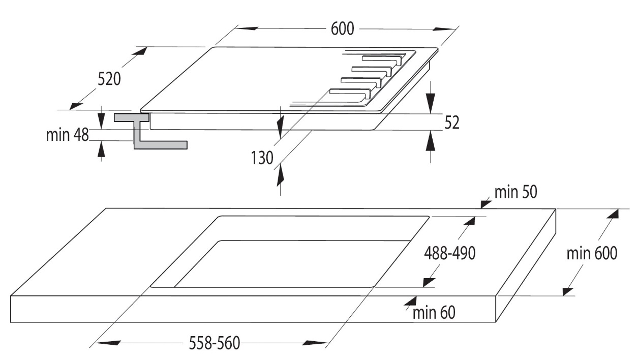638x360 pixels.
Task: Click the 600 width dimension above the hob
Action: point(342,29)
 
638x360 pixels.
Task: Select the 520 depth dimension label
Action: point(109,79)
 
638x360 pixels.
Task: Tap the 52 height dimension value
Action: point(452,123)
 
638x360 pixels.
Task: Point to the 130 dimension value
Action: point(262,158)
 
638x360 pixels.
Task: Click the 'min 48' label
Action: point(68,135)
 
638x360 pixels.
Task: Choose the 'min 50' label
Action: point(515,192)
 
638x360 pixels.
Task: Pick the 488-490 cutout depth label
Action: point(450,253)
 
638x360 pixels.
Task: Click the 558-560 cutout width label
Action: point(215,343)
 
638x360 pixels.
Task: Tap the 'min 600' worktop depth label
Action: point(592,253)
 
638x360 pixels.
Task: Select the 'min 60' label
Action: point(434,312)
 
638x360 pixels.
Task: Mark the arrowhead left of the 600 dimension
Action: point(247,28)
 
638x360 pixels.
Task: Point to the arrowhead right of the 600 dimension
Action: point(444,29)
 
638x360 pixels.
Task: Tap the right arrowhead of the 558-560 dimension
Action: point(315,343)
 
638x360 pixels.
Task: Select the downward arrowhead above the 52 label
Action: point(431,103)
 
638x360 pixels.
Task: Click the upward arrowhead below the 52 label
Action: point(431,140)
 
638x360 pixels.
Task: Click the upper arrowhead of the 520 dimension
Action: point(140,51)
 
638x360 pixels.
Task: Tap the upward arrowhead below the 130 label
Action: point(280,174)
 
